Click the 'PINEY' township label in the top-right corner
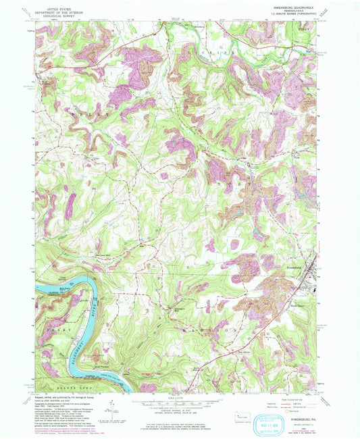tap(307, 30)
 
